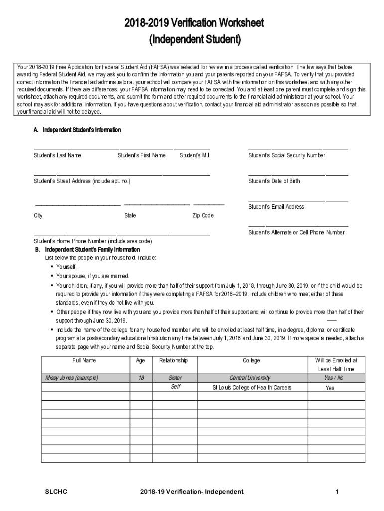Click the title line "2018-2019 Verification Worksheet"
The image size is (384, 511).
click(195, 23)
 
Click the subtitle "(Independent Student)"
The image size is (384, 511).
click(195, 40)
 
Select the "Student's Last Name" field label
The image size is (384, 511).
click(57, 156)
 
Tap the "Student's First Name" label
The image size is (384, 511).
click(141, 156)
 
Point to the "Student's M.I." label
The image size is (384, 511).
click(195, 156)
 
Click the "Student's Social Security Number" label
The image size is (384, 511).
click(287, 156)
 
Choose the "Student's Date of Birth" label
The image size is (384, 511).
click(274, 181)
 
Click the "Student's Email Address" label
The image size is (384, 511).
click(276, 207)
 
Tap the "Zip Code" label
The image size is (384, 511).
click(203, 216)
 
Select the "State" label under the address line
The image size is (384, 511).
click(130, 216)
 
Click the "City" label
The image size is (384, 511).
click(38, 216)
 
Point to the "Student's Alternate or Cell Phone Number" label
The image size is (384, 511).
click(296, 233)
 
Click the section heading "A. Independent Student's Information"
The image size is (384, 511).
click(77, 130)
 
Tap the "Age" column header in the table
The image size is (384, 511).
click(141, 360)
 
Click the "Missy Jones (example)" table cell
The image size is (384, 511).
click(72, 378)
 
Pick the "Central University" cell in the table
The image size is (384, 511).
click(251, 378)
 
